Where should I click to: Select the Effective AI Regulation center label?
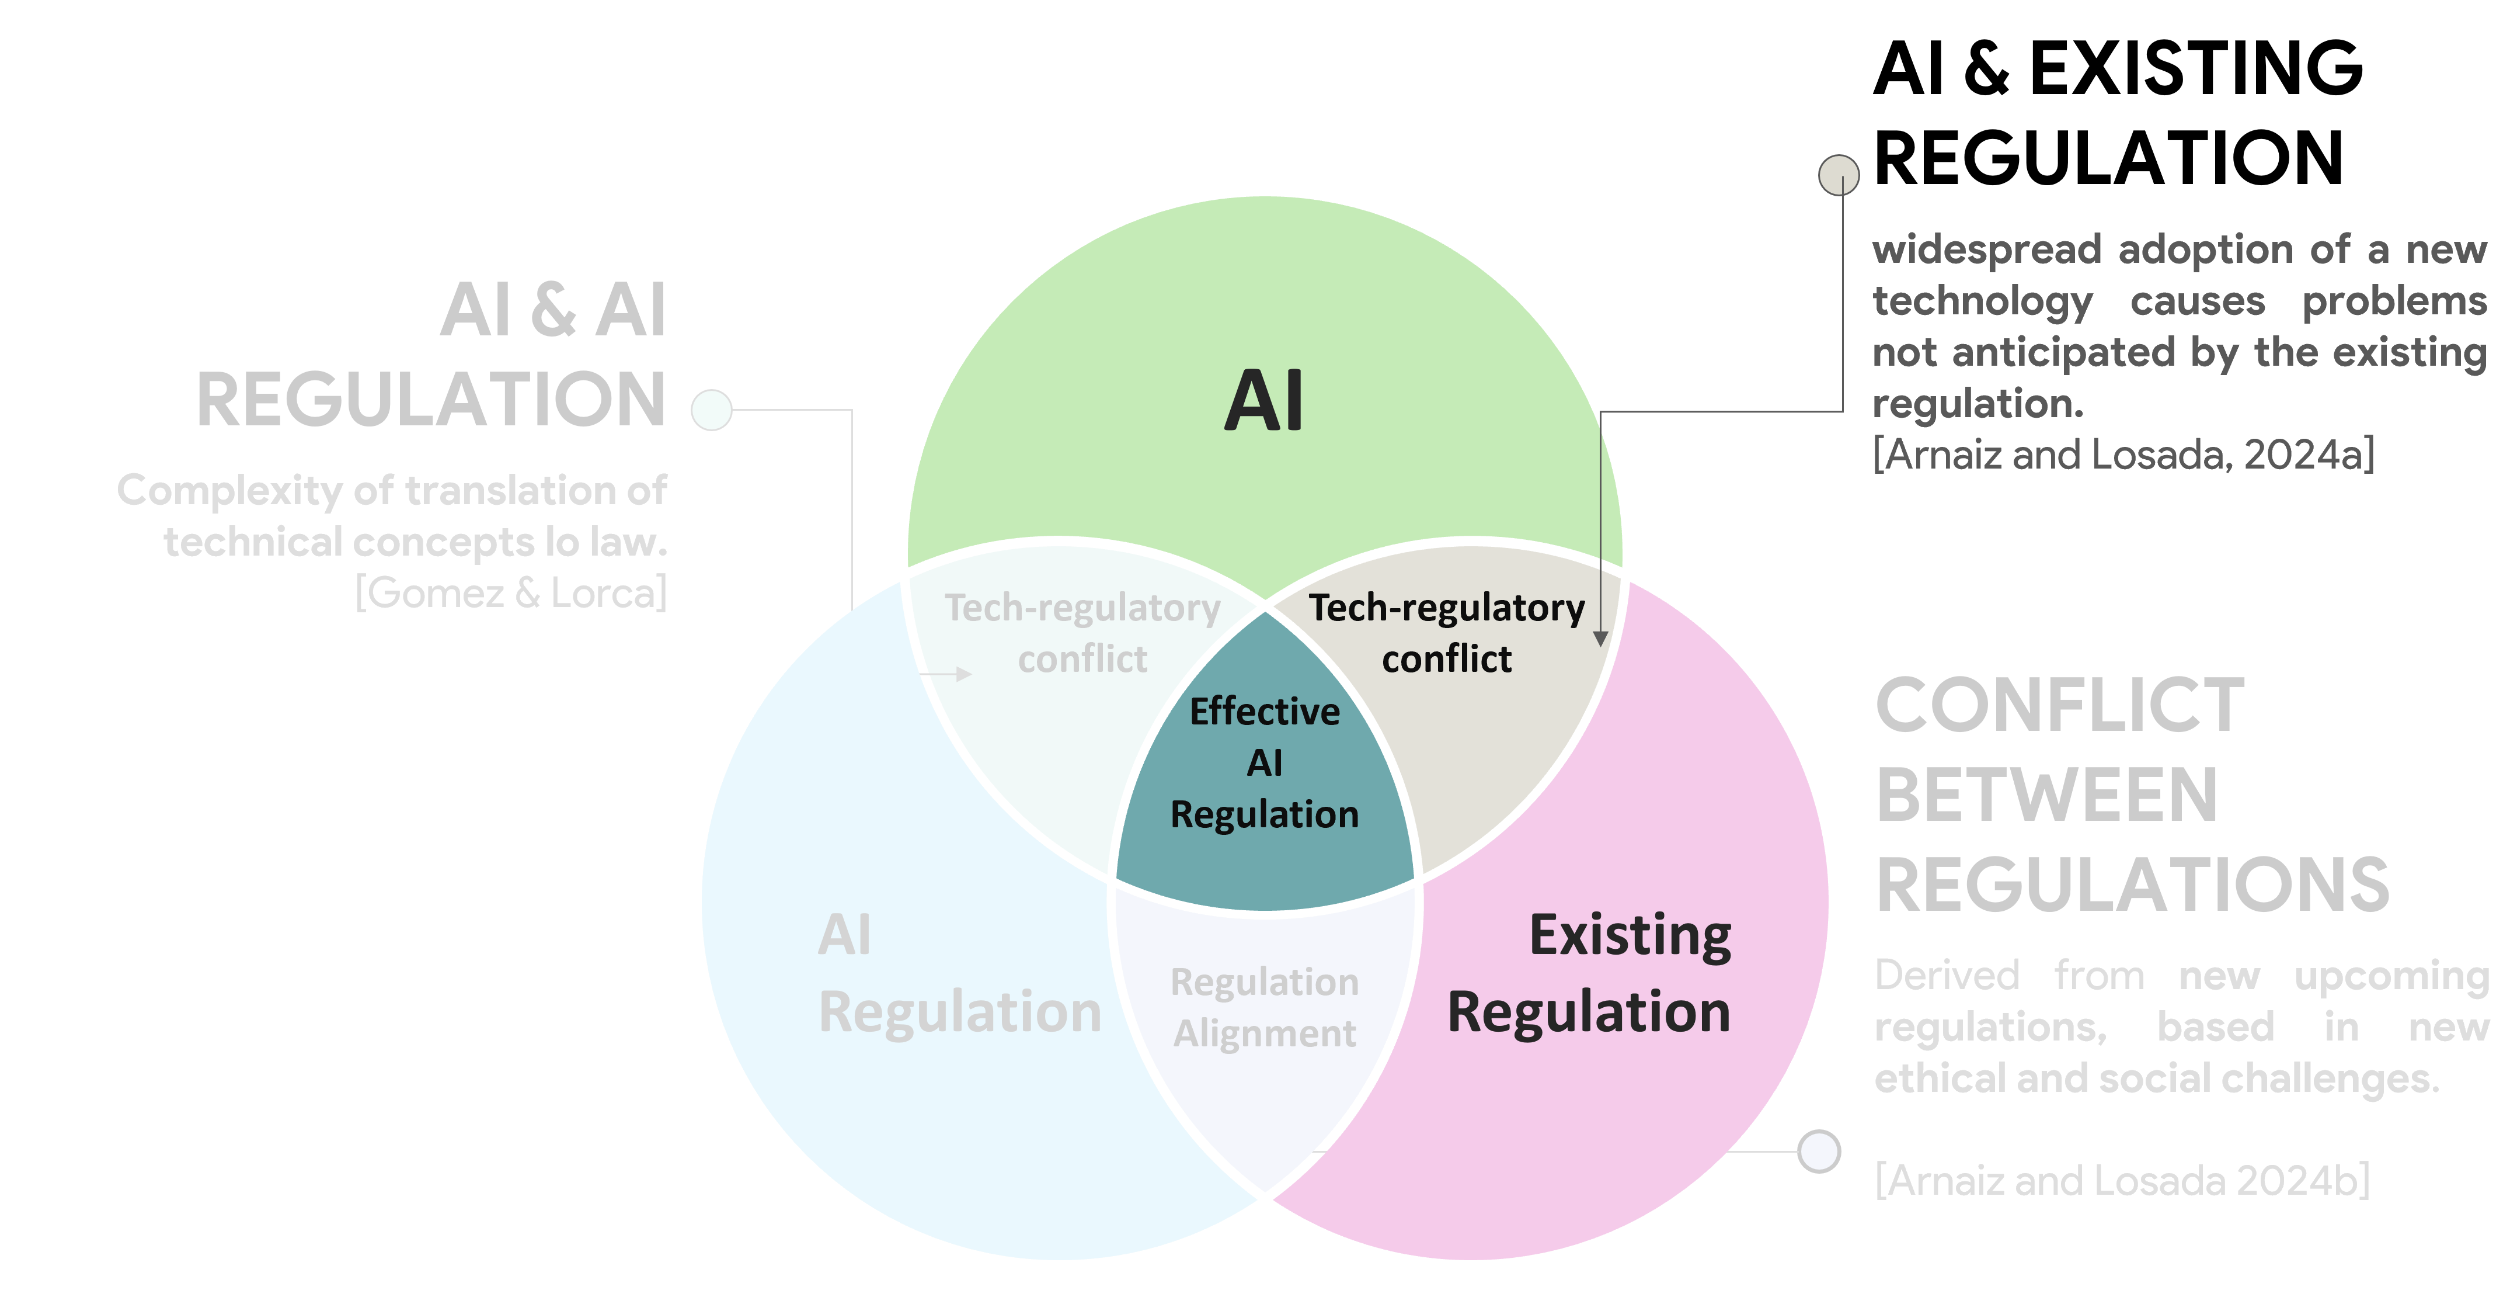(1265, 762)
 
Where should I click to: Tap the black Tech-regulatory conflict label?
(1446, 633)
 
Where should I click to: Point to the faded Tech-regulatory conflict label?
(1082, 633)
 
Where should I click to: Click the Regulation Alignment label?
(1265, 1007)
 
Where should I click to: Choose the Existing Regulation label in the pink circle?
(1590, 973)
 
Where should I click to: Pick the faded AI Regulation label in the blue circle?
(958, 973)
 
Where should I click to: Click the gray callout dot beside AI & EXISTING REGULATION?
(1838, 175)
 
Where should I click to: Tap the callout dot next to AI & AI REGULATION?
(711, 410)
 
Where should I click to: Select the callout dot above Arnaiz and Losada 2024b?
(1818, 1150)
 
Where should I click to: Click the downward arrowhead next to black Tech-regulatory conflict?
(1600, 639)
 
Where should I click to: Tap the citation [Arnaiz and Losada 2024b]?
(2121, 1181)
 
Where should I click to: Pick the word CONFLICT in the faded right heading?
(2060, 706)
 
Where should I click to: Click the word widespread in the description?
(1986, 250)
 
